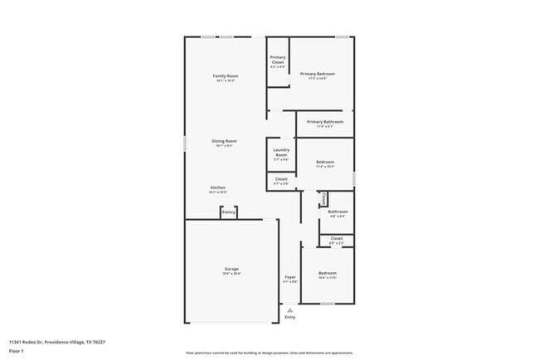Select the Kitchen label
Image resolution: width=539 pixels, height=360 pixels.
click(x=218, y=187)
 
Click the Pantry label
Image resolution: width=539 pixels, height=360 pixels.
click(x=229, y=212)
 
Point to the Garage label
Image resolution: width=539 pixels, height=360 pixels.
click(x=231, y=269)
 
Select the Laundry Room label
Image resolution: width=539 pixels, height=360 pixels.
click(x=281, y=153)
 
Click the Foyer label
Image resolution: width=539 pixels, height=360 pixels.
click(x=290, y=277)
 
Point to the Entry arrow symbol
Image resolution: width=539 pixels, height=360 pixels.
click(x=290, y=309)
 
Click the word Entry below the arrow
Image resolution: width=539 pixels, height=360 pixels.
click(x=290, y=317)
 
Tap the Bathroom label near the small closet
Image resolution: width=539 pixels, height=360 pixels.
click(x=337, y=212)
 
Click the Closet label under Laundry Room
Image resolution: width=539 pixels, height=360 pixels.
click(x=281, y=178)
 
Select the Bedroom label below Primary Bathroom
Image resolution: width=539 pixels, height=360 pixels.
click(x=325, y=162)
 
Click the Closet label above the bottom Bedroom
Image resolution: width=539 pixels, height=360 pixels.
click(x=337, y=238)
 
